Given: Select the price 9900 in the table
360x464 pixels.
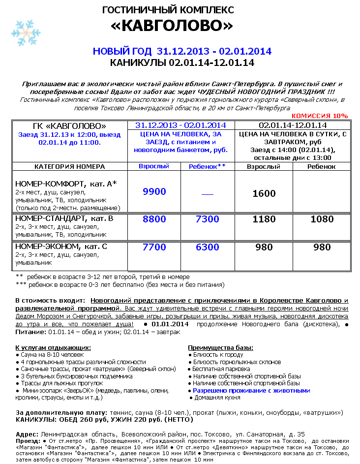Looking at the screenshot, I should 154,192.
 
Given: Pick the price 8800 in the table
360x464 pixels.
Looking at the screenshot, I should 154,219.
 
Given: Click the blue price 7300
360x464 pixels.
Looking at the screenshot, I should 207,219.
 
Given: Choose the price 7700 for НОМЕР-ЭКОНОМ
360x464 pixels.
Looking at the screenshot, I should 154,247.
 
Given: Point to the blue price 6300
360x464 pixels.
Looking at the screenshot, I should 207,247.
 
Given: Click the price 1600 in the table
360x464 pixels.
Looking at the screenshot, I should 264,193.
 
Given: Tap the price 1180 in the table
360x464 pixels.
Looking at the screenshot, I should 264,219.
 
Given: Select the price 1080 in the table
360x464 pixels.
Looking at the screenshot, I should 322,219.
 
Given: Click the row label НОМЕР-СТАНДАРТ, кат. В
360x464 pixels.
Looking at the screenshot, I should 64,218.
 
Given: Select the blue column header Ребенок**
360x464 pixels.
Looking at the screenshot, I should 207,166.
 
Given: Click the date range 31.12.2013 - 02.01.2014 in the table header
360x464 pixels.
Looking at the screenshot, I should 180,125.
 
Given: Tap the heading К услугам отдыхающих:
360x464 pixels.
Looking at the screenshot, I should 53,347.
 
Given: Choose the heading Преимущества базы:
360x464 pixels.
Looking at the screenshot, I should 221,347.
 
